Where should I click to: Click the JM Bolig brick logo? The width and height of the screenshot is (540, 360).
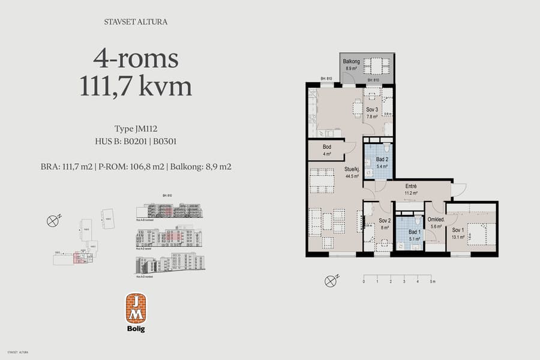[x=135, y=308]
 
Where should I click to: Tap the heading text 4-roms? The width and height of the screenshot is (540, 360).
[x=136, y=58]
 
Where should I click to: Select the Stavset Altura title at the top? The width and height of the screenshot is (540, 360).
[x=136, y=22]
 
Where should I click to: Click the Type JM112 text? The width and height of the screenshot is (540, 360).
[x=136, y=128]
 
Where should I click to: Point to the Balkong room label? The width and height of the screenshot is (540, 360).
[x=351, y=62]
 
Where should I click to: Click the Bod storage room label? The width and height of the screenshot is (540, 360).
[x=327, y=147]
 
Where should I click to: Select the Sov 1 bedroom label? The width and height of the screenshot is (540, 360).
[x=458, y=230]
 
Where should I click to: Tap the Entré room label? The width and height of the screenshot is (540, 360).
[x=410, y=187]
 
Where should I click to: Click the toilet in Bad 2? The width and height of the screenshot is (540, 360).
[x=386, y=148]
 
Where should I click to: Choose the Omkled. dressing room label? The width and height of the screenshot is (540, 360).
[x=436, y=220]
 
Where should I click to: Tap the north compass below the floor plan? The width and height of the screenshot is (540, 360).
[x=330, y=280]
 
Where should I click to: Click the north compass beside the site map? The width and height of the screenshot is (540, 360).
[x=53, y=221]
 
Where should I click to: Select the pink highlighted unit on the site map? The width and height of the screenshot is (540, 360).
[x=78, y=258]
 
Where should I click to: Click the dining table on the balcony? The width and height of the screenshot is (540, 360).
[x=376, y=65]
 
